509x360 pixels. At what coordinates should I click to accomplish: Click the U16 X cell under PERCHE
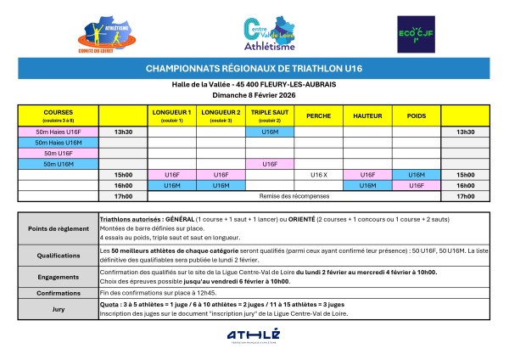318,174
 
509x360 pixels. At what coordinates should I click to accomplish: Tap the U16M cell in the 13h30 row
270,132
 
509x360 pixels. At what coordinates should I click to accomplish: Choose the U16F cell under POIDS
417,184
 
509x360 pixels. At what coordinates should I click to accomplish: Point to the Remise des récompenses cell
294,195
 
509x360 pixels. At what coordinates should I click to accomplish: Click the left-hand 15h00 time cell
124,174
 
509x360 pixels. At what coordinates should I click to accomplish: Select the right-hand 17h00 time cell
465,195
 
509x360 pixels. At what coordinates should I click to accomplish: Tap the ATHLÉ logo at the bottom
253,337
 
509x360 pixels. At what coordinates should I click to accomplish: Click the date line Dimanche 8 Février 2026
254,94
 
